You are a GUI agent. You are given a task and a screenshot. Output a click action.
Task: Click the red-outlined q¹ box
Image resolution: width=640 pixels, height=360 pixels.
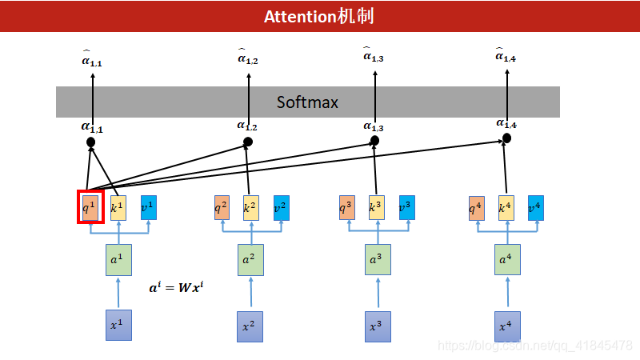click(90, 207)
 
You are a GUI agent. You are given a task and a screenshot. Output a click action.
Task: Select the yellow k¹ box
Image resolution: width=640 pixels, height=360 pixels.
click(118, 208)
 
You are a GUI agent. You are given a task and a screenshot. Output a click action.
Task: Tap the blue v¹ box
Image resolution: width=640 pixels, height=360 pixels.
click(149, 208)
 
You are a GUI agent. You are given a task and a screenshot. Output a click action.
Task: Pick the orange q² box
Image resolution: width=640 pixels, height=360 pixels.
click(222, 208)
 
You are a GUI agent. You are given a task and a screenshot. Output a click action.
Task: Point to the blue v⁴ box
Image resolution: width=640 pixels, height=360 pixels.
click(535, 208)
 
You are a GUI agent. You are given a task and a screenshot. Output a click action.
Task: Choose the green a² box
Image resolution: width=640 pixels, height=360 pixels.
click(250, 260)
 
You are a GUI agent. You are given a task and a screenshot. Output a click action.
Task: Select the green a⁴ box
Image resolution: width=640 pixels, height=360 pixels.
click(506, 260)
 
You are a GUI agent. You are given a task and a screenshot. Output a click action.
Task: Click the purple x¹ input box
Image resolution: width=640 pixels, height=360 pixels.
click(118, 325)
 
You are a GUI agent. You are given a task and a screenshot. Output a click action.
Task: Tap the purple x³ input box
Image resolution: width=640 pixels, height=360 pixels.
click(376, 325)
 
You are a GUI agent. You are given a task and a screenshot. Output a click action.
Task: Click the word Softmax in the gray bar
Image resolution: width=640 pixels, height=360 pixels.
click(307, 102)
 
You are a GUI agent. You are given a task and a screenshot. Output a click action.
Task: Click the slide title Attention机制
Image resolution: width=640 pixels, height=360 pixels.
click(319, 16)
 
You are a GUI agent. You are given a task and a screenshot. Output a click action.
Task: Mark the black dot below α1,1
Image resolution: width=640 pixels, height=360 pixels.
click(91, 142)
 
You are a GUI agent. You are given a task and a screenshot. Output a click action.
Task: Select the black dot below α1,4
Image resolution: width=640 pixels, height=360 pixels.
click(506, 138)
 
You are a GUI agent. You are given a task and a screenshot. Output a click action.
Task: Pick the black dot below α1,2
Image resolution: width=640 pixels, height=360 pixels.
click(248, 142)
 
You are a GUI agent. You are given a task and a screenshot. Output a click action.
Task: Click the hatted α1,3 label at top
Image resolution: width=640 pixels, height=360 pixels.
click(373, 54)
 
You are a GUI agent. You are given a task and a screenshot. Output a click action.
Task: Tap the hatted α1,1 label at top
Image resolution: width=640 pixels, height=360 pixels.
click(91, 59)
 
